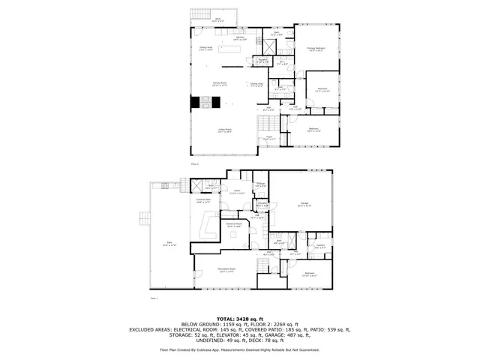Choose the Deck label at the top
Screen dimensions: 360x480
[218, 20]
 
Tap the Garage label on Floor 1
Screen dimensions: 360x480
[304, 203]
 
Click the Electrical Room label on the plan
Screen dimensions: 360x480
[233, 224]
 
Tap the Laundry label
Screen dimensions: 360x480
[320, 246]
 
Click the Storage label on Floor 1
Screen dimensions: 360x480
[260, 184]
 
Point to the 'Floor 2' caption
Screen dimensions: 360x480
[194, 163]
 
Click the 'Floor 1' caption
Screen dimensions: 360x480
[154, 298]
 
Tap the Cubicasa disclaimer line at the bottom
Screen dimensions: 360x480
[239, 349]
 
